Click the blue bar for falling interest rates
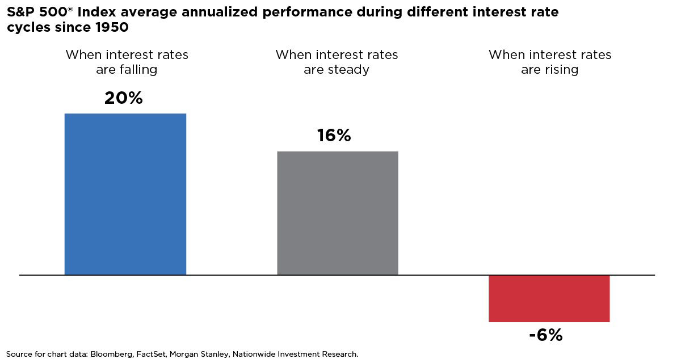125,194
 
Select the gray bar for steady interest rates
338,213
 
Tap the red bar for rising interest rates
549,298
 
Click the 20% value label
124,98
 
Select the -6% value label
545,335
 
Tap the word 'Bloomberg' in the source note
111,354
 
